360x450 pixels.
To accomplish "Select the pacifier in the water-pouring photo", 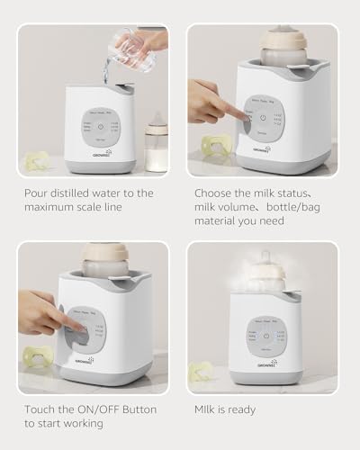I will click(x=36, y=161).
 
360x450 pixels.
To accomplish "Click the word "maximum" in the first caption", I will click(x=48, y=209).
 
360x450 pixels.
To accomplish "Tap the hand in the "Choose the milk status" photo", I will click(x=209, y=99).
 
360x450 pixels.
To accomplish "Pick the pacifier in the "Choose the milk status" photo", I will click(x=217, y=146).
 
